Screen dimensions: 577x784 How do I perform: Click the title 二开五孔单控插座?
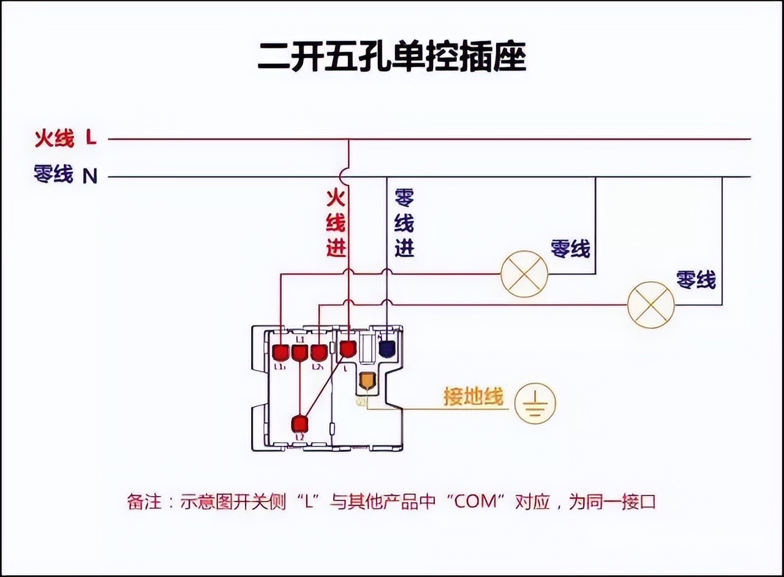[x=391, y=58]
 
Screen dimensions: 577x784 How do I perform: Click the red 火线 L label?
[x=65, y=138]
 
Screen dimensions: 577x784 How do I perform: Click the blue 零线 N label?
[x=65, y=176]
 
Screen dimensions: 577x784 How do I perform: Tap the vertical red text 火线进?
[x=336, y=223]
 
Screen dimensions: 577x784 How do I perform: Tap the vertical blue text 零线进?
[x=404, y=223]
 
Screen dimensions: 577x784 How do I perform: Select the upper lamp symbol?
[x=524, y=274]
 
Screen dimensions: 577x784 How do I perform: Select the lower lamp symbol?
[x=650, y=305]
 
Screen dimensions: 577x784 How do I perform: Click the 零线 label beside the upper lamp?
[x=570, y=249]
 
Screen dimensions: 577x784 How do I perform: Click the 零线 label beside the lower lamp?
[x=696, y=280]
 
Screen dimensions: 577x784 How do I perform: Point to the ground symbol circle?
[x=535, y=404]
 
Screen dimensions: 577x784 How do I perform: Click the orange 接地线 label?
[x=473, y=398]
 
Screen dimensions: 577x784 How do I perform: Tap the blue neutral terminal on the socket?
[x=386, y=349]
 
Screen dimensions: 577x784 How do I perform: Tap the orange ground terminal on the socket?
[x=366, y=381]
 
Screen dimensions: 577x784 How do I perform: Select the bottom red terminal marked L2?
[x=300, y=424]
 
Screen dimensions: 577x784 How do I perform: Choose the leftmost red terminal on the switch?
[x=281, y=353]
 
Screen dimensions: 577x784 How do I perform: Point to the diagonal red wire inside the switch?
[x=323, y=387]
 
